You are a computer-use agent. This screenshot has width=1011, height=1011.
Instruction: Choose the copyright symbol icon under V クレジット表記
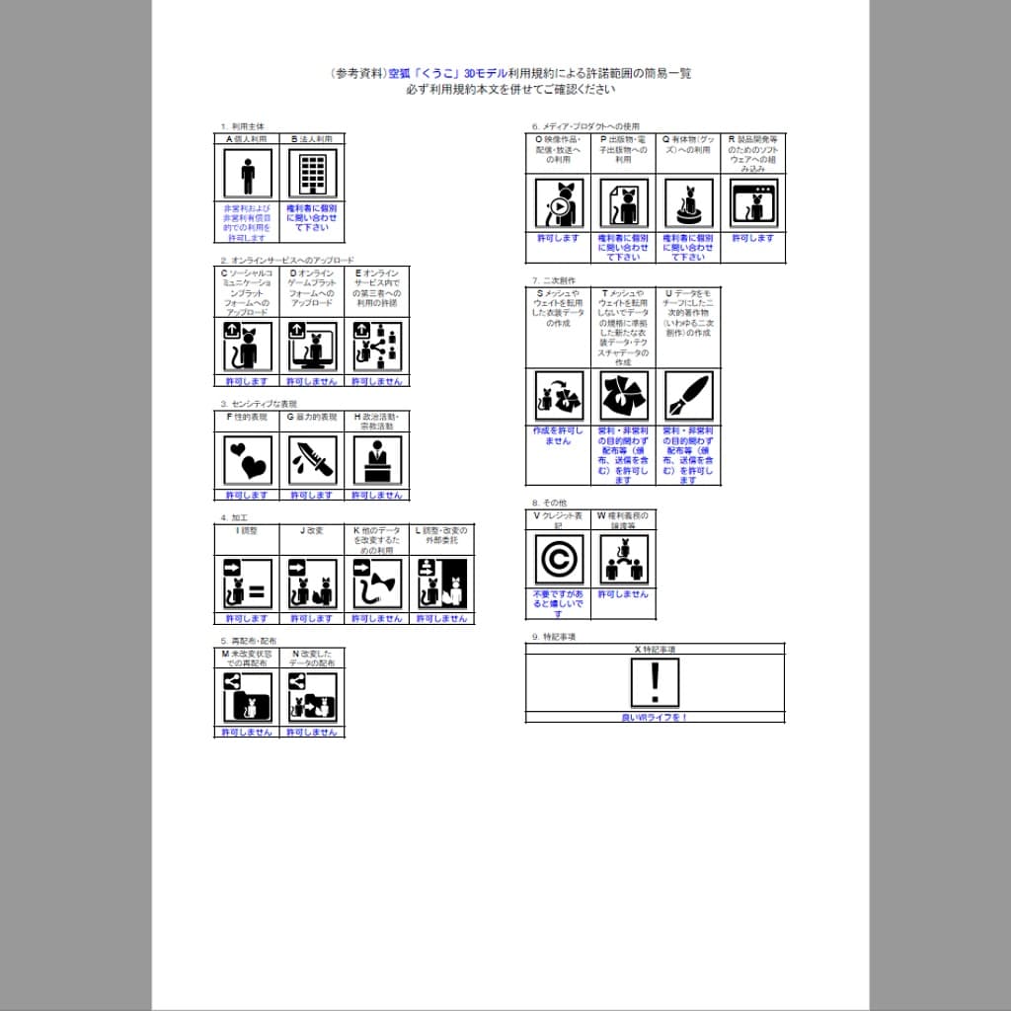[558, 560]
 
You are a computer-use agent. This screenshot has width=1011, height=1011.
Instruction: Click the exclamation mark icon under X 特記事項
[655, 682]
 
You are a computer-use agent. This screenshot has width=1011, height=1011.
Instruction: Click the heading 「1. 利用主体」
[242, 126]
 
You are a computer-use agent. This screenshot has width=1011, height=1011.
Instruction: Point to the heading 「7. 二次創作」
[553, 280]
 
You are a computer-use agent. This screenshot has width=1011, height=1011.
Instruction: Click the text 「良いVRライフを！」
[655, 718]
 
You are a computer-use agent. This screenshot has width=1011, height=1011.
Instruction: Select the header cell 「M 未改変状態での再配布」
[247, 659]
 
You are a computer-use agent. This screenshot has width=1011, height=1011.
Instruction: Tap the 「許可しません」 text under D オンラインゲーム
[312, 381]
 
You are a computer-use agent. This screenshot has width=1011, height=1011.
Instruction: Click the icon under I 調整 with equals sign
[247, 583]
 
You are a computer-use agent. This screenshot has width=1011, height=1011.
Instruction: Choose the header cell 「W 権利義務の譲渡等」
[623, 520]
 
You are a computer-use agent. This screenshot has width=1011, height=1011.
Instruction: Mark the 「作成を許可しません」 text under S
[558, 436]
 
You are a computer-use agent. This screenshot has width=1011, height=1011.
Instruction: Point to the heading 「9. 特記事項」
[554, 637]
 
